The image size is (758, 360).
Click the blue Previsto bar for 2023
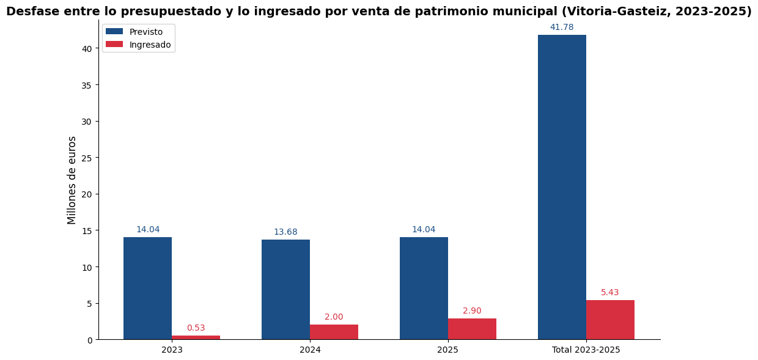click(147, 288)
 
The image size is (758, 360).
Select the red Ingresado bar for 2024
click(334, 332)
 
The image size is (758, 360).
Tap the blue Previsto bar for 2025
click(424, 288)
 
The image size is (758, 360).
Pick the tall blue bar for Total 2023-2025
click(562, 187)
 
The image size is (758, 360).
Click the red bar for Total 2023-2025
click(610, 320)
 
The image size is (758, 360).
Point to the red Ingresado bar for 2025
click(472, 329)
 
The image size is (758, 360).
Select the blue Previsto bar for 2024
click(285, 289)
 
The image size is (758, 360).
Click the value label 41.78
click(562, 28)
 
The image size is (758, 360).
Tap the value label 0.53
click(196, 328)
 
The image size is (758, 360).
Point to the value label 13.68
click(285, 232)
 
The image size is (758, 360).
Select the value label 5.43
click(610, 293)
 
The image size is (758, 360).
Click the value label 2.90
click(472, 311)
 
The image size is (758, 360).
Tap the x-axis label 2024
click(310, 350)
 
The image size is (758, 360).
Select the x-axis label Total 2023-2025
click(586, 350)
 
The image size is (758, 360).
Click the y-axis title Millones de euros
click(72, 180)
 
